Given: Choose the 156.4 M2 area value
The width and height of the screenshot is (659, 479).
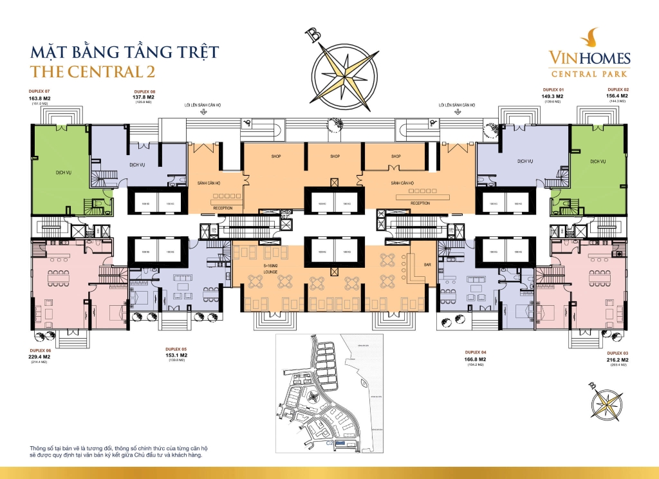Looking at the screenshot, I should click(617, 95).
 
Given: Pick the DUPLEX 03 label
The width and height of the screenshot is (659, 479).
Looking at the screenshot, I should click(618, 353).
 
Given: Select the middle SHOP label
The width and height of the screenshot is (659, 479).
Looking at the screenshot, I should click(335, 156).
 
